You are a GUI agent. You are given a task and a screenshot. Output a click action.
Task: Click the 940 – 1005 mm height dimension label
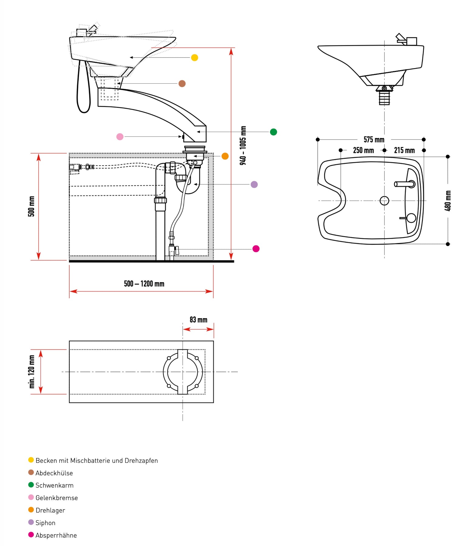pyautogui.click(x=243, y=146)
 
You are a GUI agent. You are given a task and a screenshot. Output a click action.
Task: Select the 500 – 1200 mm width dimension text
pyautogui.click(x=144, y=284)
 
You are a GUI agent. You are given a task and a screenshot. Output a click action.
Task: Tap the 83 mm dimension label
pyautogui.click(x=198, y=320)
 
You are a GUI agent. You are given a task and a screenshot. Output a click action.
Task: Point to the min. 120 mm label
pyautogui.click(x=32, y=372)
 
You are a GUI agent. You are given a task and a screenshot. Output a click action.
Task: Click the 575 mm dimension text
pyautogui.click(x=374, y=140)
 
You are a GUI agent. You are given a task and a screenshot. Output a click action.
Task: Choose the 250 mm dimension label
pyautogui.click(x=363, y=150)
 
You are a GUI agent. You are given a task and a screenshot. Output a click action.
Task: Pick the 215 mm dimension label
pyautogui.click(x=404, y=150)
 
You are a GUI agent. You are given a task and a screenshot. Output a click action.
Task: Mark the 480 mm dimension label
pyautogui.click(x=448, y=201)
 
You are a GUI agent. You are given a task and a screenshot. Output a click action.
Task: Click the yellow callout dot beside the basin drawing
pyautogui.click(x=194, y=58)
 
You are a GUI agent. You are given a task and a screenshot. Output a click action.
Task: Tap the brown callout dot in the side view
pyautogui.click(x=182, y=83)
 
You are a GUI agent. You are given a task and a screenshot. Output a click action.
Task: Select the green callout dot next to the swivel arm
pyautogui.click(x=273, y=132)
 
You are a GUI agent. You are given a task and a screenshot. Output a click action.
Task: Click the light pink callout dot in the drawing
pyautogui.click(x=120, y=136)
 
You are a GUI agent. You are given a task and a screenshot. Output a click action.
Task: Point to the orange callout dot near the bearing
pyautogui.click(x=225, y=156)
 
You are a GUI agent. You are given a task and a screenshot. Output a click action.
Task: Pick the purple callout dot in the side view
pyautogui.click(x=254, y=184)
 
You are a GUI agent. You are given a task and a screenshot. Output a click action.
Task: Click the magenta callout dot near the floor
pyautogui.click(x=256, y=249)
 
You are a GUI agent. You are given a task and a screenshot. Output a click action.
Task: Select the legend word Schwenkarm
pyautogui.click(x=54, y=485)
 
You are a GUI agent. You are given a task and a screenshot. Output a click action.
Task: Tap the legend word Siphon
pyautogui.click(x=45, y=523)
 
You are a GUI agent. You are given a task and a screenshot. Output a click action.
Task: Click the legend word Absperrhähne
pyautogui.click(x=56, y=535)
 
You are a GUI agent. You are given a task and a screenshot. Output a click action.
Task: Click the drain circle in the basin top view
pyautogui.click(x=384, y=201)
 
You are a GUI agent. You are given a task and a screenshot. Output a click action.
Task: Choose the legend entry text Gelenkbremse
pyautogui.click(x=56, y=498)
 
